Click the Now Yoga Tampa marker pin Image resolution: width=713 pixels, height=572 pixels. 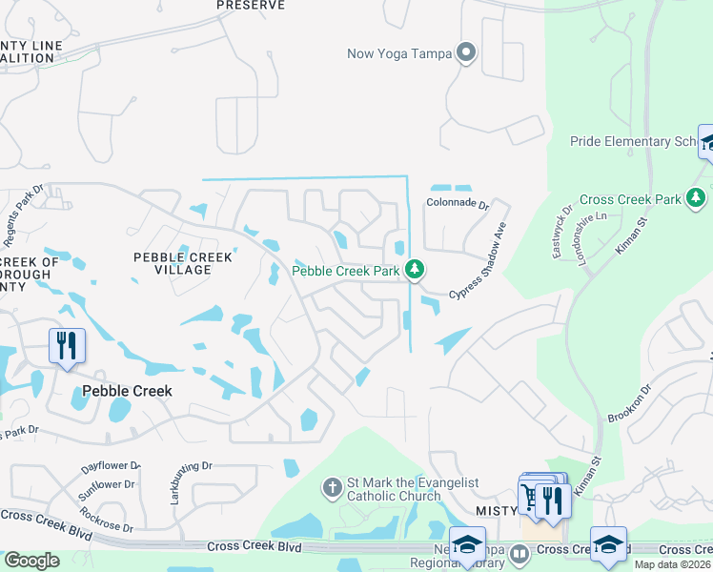pos(466,52)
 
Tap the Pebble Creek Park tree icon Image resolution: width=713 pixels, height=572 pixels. pos(415,271)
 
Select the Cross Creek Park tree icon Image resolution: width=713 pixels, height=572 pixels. pos(697,198)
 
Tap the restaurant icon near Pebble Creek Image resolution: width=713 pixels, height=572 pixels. pos(67,344)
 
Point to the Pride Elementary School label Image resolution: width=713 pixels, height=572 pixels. pos(634,141)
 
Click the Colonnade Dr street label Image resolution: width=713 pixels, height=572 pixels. pos(457,204)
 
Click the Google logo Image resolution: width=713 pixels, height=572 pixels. pos(31,560)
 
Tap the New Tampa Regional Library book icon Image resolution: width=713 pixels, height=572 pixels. pos(519,553)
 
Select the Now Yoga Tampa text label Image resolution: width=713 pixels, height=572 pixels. pos(399,52)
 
